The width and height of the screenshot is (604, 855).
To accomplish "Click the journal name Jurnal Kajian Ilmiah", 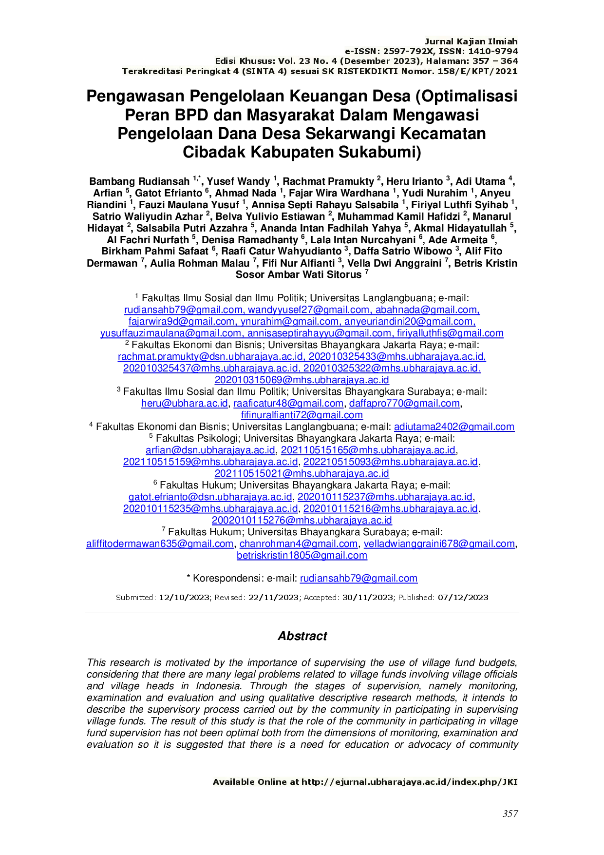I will point(471,42).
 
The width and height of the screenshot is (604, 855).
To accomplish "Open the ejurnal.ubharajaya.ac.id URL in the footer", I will point(409,782).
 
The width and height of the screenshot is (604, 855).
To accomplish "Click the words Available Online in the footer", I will point(250,782).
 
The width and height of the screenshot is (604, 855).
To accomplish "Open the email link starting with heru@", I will point(185,404).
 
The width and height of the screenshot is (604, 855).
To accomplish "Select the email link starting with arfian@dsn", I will point(210,450).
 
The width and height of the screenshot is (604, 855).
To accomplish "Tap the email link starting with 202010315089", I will point(302,380).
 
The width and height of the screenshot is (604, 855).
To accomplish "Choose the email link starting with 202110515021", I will point(302,473).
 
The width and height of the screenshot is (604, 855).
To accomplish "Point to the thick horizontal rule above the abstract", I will point(302,614).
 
